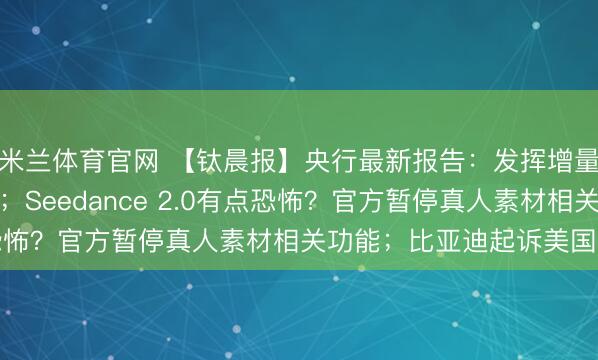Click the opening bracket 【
186,156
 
